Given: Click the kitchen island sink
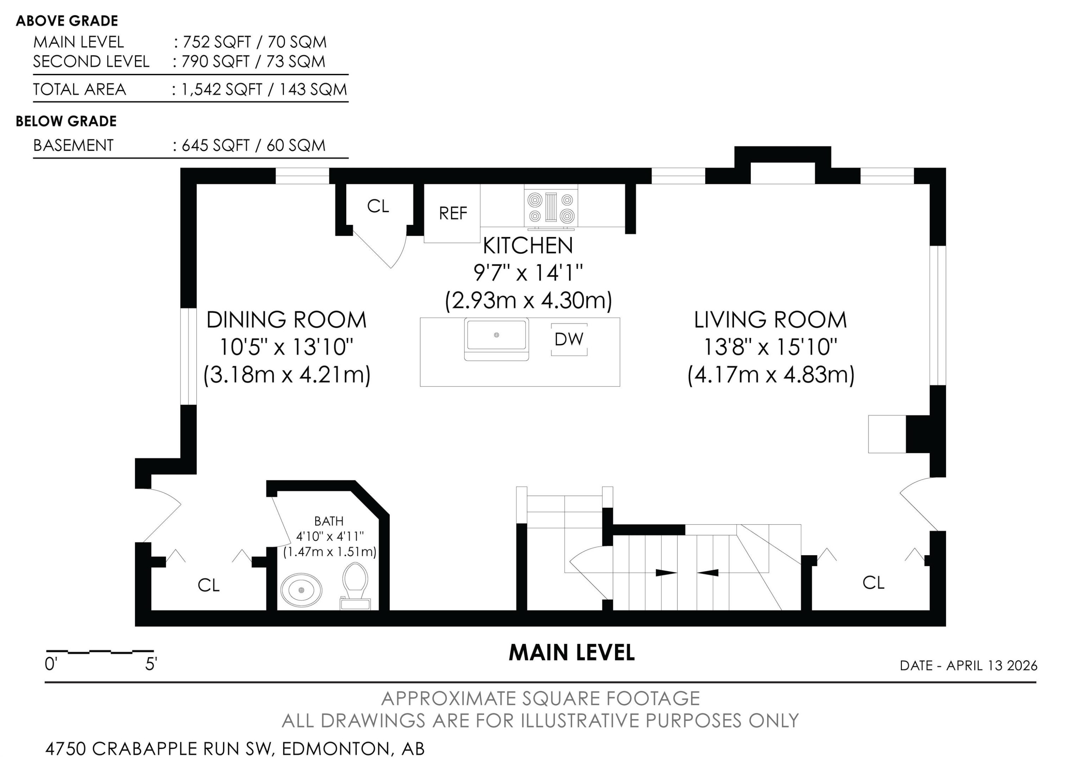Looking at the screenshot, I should [x=496, y=338].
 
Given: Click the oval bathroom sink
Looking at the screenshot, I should [x=302, y=590].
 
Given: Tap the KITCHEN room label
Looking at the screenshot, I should [x=528, y=246].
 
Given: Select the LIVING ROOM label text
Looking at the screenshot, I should [x=770, y=320].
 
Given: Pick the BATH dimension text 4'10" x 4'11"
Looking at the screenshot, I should [x=330, y=536].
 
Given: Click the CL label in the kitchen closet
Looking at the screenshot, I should [x=378, y=206].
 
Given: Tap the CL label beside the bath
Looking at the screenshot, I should [x=209, y=586].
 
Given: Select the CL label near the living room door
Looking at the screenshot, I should [x=873, y=583].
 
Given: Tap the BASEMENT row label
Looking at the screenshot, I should [x=74, y=146].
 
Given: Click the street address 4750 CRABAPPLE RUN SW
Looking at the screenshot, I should [x=159, y=748].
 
